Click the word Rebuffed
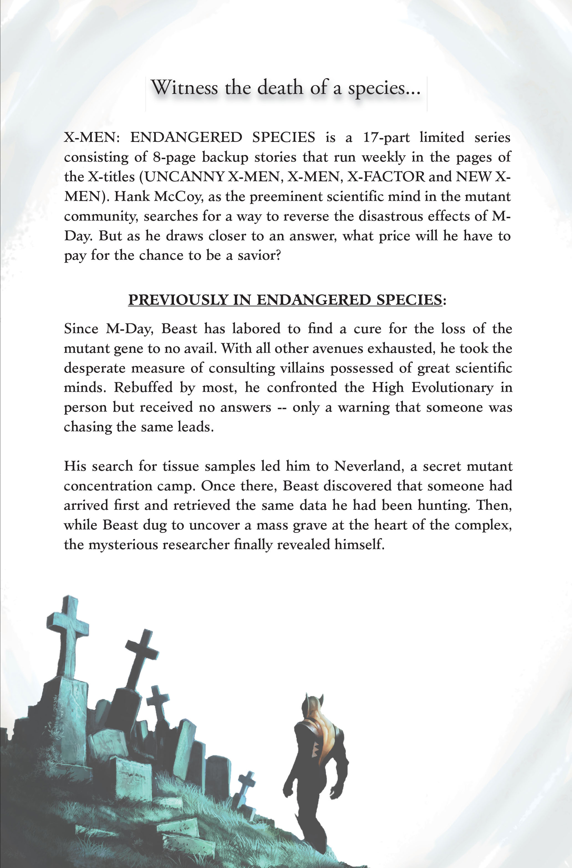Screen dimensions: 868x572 (x=143, y=388)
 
